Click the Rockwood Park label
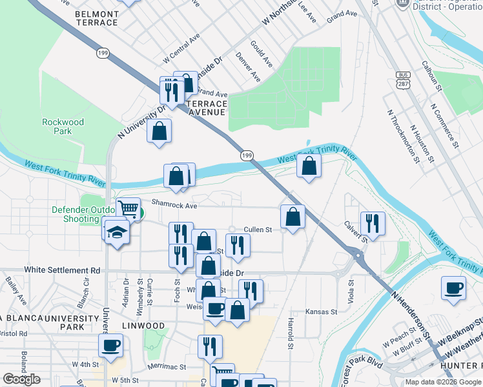pos(63,126)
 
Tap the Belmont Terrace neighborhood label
pos(97,18)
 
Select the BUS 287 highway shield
pos(403,80)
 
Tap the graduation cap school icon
pos(117,232)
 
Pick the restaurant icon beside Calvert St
pos(372,223)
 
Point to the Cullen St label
pos(258,230)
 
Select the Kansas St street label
pos(322,312)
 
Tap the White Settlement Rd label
pos(62,270)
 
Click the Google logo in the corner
pos(21,379)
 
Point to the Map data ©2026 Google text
pos(442,382)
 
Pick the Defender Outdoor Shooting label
pos(75,214)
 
